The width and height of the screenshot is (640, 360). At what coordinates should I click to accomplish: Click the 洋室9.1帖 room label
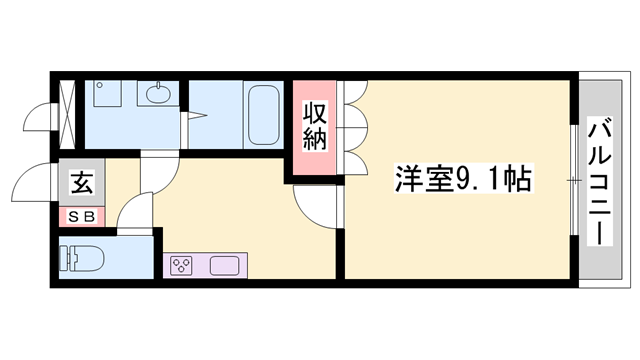pos(464,178)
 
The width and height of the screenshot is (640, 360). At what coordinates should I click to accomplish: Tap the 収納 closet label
pos(315,126)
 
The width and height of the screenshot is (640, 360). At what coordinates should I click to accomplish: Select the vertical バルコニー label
pos(600,181)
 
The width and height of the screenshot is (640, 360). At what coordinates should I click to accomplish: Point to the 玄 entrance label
pos(82,182)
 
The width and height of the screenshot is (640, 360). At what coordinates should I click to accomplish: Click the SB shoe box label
pos(82,217)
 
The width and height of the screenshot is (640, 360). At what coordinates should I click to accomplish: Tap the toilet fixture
pos(82,258)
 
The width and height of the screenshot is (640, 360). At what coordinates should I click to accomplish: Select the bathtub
pos(264,115)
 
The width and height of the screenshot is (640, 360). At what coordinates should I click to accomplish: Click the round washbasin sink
pos(158,94)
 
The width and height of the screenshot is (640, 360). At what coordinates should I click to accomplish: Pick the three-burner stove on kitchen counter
pos(181,266)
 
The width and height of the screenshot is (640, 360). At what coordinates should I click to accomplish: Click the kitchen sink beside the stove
pos(224,266)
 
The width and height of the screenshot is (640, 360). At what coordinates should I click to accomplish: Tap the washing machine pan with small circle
pos(107,93)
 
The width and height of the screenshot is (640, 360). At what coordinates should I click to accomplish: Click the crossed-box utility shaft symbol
pos(67,115)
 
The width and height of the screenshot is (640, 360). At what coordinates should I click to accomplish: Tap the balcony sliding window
pos(574,180)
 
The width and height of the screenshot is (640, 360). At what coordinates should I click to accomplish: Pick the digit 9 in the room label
pos(463,179)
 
